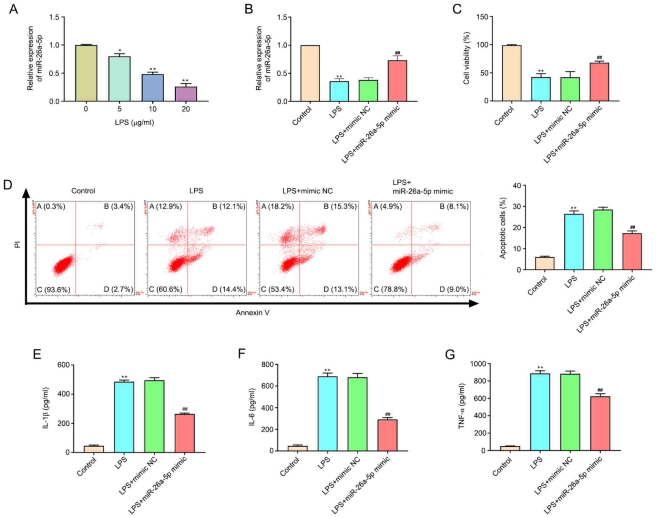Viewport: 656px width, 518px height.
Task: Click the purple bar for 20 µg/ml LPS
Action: (x=186, y=94)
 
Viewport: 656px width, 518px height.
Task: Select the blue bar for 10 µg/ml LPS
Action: (x=152, y=88)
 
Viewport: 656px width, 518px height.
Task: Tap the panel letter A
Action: (x=13, y=9)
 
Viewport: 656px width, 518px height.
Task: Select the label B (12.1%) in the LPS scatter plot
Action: (x=229, y=207)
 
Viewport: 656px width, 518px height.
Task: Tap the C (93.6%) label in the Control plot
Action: (x=53, y=289)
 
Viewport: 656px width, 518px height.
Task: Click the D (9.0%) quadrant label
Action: (x=454, y=289)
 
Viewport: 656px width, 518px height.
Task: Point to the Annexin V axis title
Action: (x=252, y=313)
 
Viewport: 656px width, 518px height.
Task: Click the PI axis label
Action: (x=17, y=244)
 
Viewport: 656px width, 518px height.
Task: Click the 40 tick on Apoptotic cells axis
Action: (x=517, y=186)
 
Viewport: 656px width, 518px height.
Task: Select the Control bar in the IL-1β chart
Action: (x=94, y=449)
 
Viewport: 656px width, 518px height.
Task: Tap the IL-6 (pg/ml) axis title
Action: (x=252, y=407)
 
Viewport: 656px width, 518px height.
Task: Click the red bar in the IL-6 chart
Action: (x=387, y=435)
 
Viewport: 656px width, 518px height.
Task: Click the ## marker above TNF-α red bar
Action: (x=600, y=390)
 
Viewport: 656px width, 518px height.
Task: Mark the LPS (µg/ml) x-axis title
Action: (x=134, y=123)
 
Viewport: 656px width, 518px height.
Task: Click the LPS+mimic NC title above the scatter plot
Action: (x=307, y=191)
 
